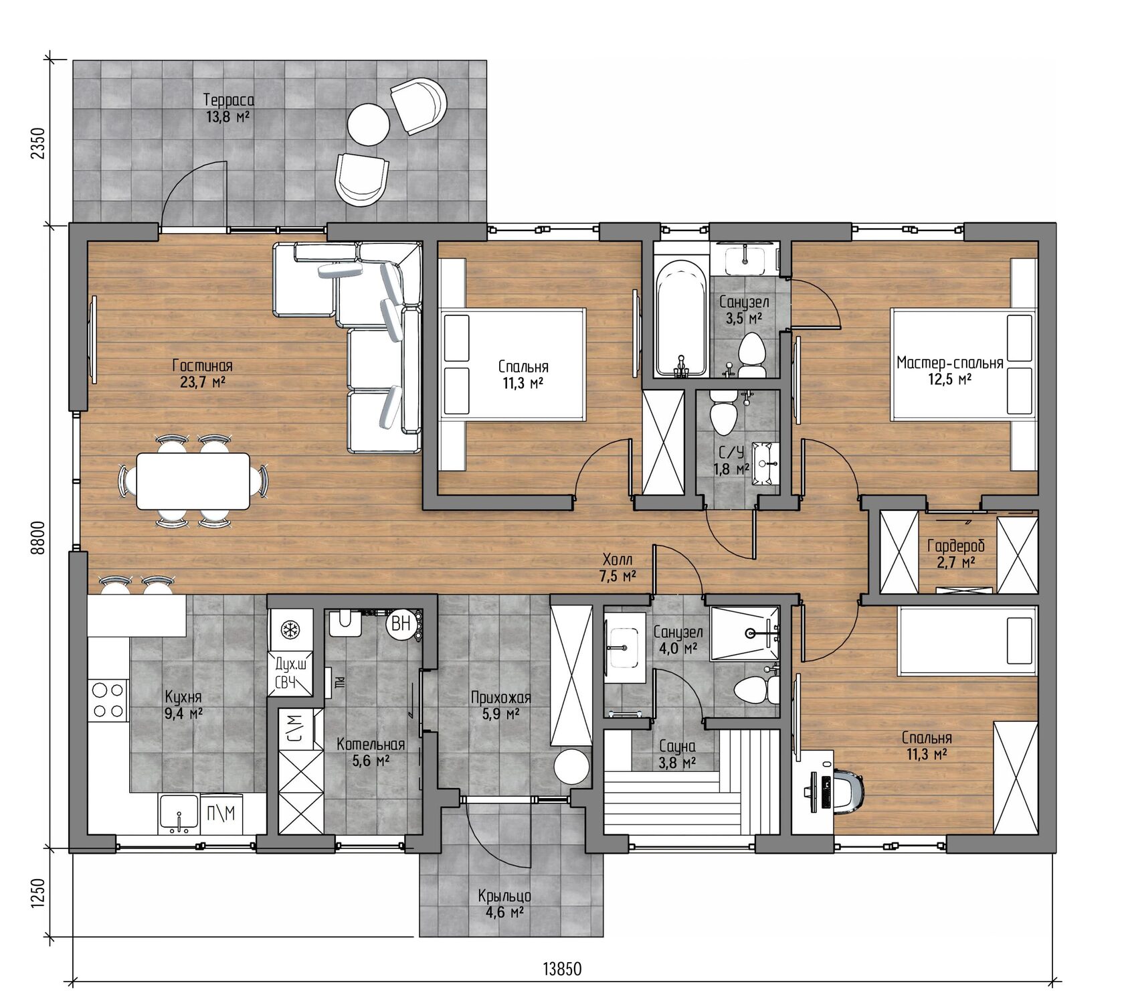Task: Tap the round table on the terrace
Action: coord(368,124)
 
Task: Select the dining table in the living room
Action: coord(193,481)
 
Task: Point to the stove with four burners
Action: coord(108,699)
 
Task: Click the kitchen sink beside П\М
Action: coord(179,814)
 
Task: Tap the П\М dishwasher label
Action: coord(221,813)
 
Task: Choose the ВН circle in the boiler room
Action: coord(401,623)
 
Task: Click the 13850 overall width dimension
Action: coord(562,969)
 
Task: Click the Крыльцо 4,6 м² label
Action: coord(504,904)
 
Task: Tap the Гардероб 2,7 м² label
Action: coord(956,554)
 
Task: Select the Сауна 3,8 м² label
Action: coord(677,754)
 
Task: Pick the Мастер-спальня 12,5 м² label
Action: coord(950,371)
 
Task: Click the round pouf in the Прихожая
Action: coord(572,766)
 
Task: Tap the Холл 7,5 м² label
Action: coord(618,567)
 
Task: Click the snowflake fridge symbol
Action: coord(290,629)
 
